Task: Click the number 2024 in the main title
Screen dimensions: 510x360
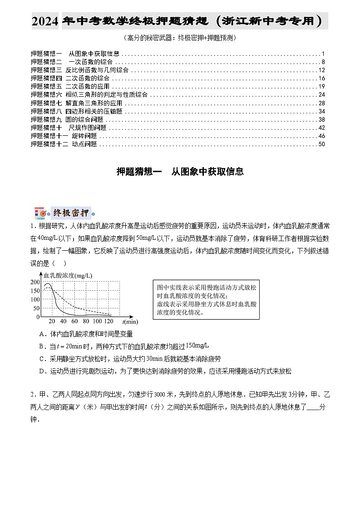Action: click(45, 21)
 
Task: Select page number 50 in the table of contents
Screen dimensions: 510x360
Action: click(321, 144)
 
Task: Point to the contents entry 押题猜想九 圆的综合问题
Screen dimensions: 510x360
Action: click(67, 119)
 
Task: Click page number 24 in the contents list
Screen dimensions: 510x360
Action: click(321, 94)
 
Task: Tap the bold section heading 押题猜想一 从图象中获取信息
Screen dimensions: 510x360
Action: click(180, 171)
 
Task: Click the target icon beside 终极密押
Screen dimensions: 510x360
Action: click(40, 213)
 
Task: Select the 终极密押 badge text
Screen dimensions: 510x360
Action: click(70, 213)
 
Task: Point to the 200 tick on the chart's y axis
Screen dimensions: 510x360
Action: click(35, 282)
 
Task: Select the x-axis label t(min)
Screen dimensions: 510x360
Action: click(130, 322)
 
